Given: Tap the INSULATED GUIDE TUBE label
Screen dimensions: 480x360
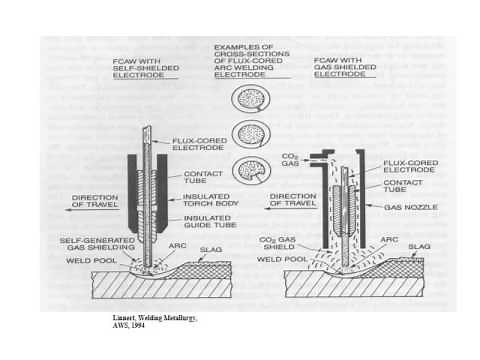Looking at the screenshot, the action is (211, 222).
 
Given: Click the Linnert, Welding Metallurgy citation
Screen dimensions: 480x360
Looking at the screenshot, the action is (155, 316).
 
